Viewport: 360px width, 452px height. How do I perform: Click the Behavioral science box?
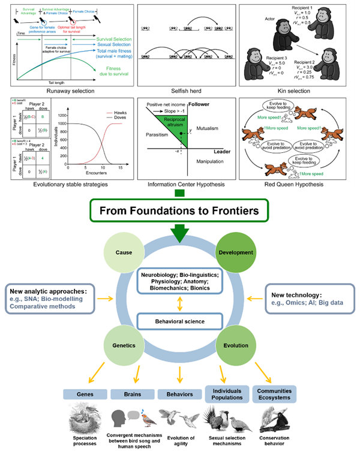(x=179, y=321)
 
